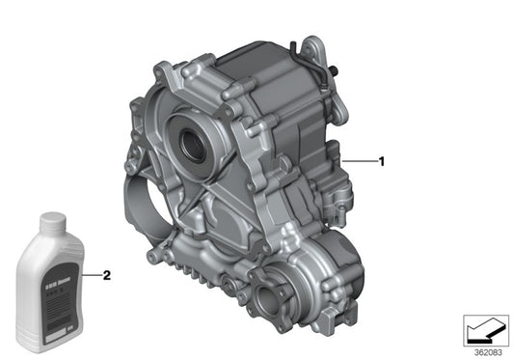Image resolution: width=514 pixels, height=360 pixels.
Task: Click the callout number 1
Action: coord(382,162)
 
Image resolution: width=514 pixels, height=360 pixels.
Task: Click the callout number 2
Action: coord(107,275)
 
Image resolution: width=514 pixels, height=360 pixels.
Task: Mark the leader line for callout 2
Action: coord(92,275)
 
